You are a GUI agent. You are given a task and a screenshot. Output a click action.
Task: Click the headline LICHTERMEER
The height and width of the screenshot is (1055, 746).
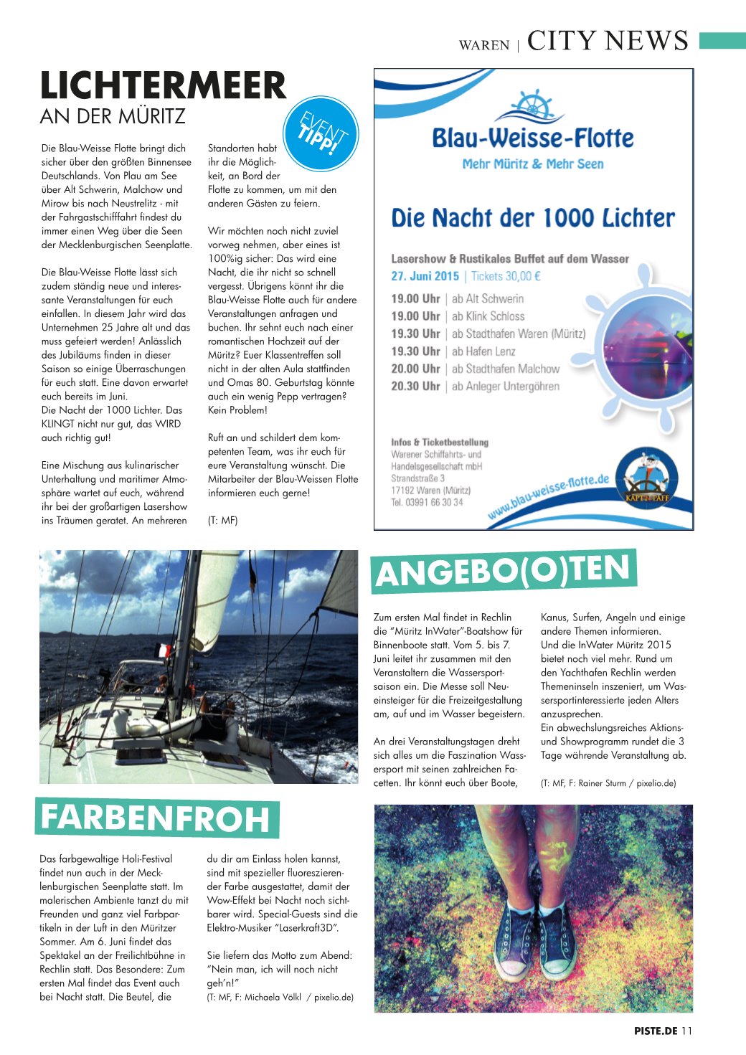pos(163,85)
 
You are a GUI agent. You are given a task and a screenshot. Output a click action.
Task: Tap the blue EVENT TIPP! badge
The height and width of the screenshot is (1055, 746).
pos(321,134)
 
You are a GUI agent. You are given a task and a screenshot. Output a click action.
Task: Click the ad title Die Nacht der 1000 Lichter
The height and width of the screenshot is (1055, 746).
pos(533,218)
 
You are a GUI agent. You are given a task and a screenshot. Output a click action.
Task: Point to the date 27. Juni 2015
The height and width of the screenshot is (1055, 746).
pos(425,276)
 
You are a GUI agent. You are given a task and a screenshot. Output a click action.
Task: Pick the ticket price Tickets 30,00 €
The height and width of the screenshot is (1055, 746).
pos(506,276)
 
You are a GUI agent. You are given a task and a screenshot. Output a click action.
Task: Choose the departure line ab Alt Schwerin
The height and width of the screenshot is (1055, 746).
pos(488,298)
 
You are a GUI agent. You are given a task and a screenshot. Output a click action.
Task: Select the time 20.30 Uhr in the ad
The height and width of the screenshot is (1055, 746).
pos(415,386)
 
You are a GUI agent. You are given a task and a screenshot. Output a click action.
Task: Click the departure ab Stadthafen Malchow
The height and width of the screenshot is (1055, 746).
pos(506,369)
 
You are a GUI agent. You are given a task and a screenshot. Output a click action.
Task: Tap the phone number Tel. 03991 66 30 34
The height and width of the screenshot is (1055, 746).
pos(427,502)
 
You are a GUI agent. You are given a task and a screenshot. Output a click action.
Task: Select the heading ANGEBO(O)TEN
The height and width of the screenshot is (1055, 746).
pos(503,572)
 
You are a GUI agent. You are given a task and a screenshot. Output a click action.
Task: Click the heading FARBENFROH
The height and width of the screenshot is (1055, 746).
pos(156,818)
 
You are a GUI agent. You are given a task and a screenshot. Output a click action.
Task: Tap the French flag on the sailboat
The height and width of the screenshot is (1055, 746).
pos(164,650)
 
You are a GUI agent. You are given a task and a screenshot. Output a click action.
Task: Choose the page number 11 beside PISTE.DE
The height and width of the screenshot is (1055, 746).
pos(686,1031)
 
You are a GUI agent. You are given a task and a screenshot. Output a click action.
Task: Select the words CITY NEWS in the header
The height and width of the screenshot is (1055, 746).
pos(608,41)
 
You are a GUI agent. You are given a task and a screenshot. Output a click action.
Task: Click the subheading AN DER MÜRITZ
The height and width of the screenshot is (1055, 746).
pos(113,116)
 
